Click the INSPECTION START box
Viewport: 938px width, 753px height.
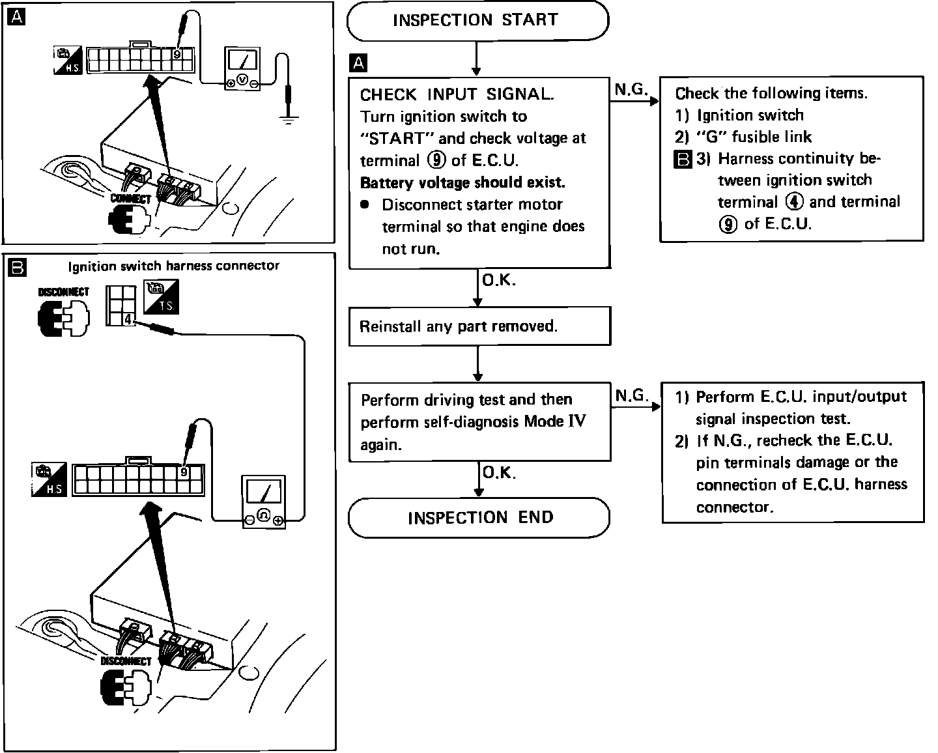(x=477, y=20)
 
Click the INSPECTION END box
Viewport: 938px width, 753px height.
(x=479, y=518)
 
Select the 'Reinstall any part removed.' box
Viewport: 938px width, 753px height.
(x=479, y=326)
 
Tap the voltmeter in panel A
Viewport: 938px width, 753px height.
(x=242, y=68)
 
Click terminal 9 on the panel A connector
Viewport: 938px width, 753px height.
(x=177, y=55)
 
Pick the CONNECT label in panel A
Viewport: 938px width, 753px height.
(x=130, y=198)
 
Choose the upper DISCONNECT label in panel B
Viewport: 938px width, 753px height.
(x=63, y=292)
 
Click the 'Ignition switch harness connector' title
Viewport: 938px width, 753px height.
(x=174, y=266)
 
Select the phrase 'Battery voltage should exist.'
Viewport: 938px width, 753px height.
(x=462, y=182)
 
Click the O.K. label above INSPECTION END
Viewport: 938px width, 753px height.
(x=499, y=472)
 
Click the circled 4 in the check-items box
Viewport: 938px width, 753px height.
(x=794, y=202)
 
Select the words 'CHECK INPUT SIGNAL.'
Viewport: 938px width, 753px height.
(x=457, y=94)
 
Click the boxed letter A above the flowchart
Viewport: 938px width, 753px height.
(x=358, y=63)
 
